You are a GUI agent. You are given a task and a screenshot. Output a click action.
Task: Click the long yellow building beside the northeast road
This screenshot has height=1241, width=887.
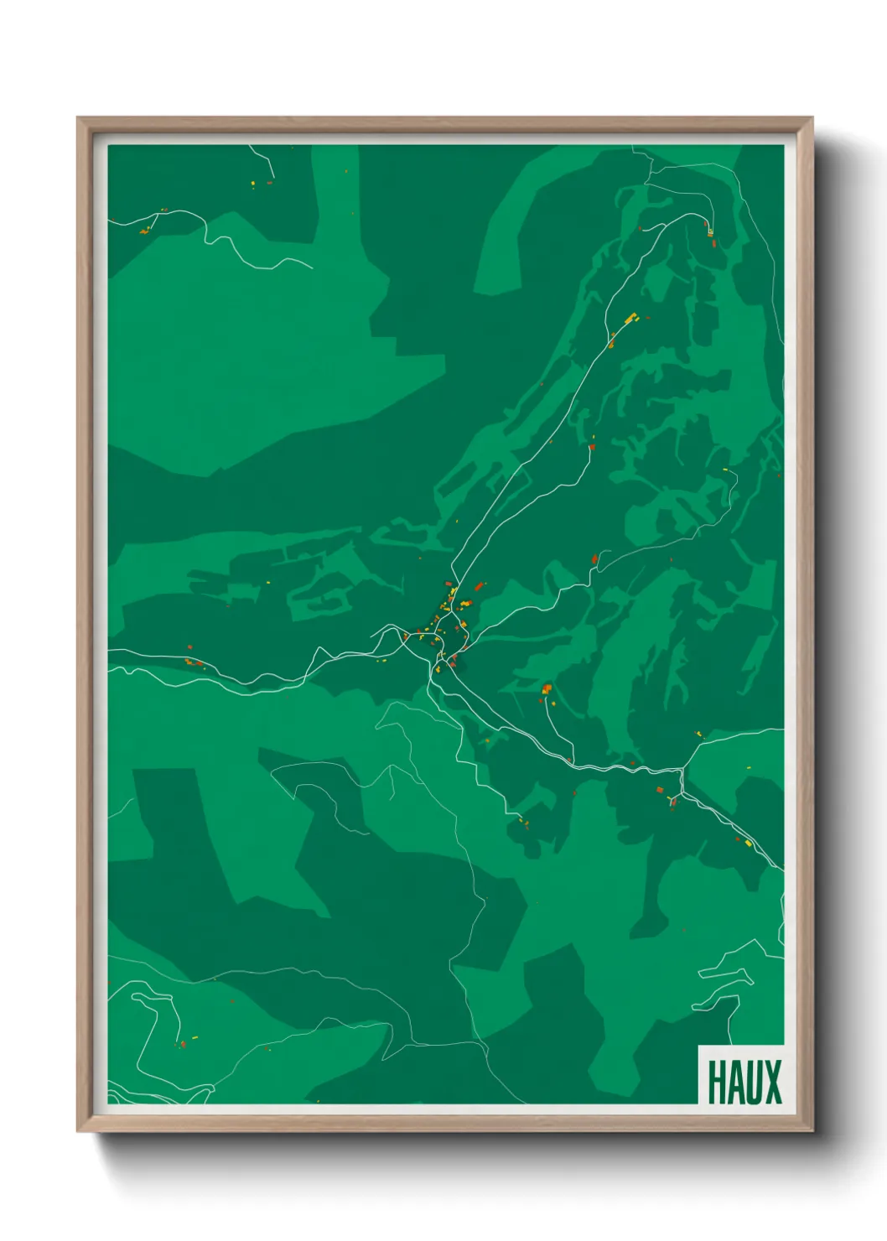(x=630, y=318)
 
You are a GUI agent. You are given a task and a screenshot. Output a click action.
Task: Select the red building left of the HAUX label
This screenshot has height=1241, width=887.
(x=687, y=931)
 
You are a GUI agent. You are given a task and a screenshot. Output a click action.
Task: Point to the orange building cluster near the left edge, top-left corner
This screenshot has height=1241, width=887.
(x=146, y=229)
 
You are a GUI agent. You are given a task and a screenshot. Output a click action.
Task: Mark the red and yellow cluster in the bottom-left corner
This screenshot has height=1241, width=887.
(x=182, y=1043)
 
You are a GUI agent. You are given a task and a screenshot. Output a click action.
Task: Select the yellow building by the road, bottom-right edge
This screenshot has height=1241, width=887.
(x=747, y=842)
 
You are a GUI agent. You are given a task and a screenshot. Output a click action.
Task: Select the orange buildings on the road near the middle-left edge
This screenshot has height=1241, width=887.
(x=194, y=662)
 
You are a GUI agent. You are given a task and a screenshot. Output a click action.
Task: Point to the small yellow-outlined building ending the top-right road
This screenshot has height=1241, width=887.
(x=709, y=231)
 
